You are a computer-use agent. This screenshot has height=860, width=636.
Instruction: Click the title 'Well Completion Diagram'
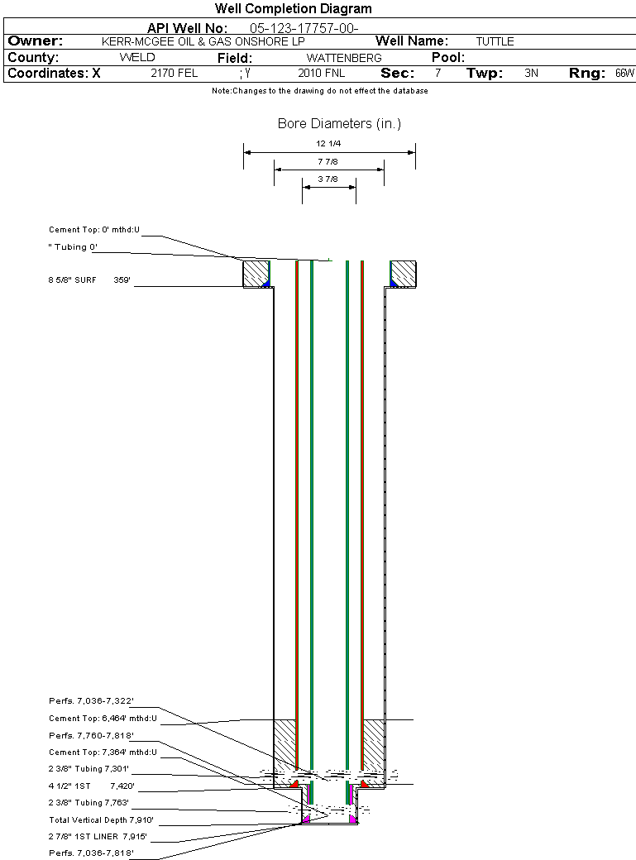pos(293,9)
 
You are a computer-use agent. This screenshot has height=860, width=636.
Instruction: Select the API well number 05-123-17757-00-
pos(304,28)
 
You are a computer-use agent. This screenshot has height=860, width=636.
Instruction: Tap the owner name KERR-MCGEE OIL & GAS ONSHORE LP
pos(203,41)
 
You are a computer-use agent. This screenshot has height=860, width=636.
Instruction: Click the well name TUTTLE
pos(495,41)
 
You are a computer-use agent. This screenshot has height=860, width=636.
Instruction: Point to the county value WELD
pos(137,58)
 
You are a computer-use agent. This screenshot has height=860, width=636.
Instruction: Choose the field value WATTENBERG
pos(344,58)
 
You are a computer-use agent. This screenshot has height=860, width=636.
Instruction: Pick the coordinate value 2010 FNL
pos(321,74)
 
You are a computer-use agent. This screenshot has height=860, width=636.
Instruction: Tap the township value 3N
pos(532,74)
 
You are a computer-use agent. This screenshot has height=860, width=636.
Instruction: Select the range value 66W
pos(624,74)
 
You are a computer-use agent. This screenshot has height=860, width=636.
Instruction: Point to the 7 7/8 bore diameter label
pos(328,162)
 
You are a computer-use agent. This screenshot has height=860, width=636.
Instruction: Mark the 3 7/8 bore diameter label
pos(328,179)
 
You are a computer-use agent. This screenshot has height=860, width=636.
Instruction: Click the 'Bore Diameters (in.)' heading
pos(339,124)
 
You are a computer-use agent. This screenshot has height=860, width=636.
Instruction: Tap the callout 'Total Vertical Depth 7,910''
pos(101,820)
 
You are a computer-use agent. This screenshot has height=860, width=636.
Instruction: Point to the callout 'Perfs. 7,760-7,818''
pos(91,736)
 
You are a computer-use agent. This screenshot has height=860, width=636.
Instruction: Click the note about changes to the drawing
pos(320,91)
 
